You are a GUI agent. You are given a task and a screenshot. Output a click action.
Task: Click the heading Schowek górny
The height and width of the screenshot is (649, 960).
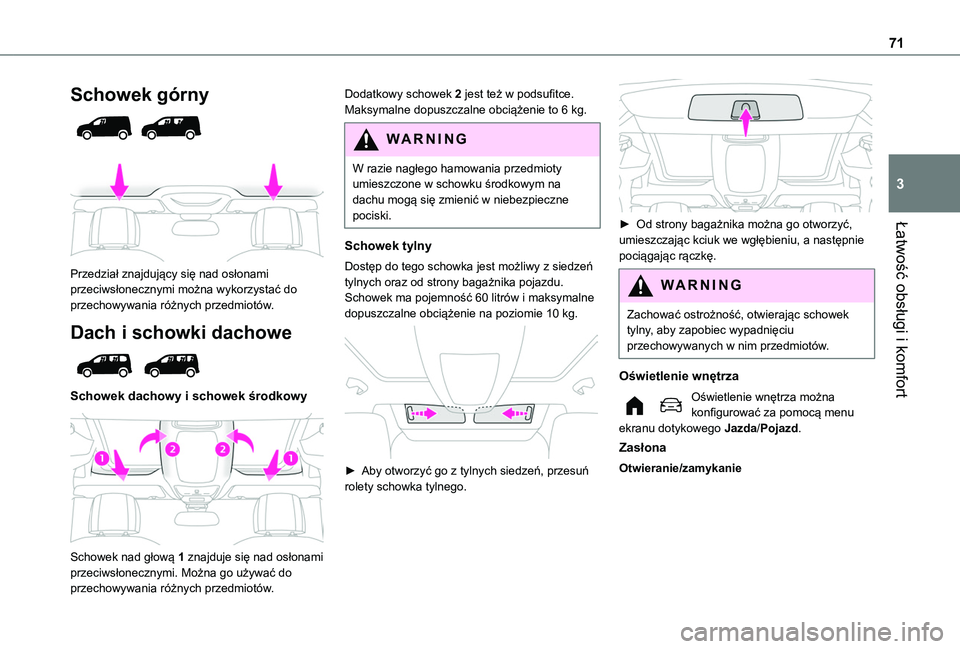coord(139,95)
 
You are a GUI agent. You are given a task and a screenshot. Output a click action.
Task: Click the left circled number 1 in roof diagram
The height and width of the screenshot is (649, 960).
coord(102,458)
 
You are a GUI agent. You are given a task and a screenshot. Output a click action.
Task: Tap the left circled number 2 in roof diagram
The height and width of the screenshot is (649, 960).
coord(172,449)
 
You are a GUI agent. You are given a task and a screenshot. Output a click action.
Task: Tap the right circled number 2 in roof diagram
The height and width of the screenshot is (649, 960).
coord(222,449)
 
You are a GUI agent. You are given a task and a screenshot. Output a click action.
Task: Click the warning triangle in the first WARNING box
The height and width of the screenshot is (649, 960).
coord(361,139)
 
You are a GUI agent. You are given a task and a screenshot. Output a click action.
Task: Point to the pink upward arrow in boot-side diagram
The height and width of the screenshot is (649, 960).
coord(745,118)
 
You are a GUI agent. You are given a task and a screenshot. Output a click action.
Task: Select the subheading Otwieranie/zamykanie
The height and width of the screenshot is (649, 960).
coord(680,468)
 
